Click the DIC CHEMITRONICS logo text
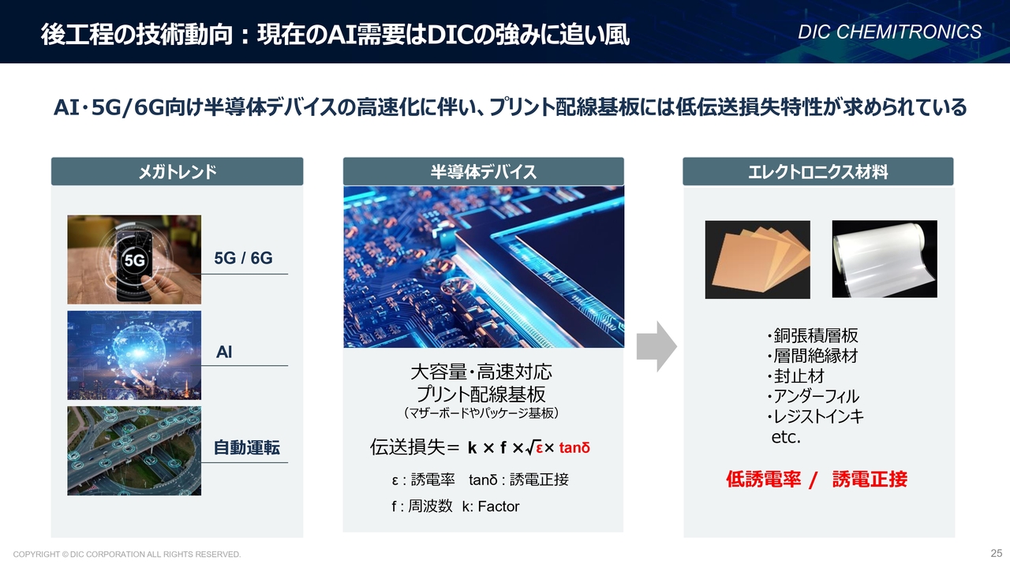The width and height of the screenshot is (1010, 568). [889, 32]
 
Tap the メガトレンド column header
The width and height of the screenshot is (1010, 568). [178, 171]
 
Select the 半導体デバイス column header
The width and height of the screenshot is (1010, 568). [484, 171]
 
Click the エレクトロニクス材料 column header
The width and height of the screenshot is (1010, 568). [818, 171]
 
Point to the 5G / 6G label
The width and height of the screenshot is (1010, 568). [243, 258]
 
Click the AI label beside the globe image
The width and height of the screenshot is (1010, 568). [224, 352]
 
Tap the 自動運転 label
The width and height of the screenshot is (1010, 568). [247, 447]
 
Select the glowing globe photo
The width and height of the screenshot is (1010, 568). [134, 355]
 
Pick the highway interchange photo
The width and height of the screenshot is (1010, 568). [134, 450]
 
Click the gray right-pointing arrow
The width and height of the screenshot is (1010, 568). [656, 346]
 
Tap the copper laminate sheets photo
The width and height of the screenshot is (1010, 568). [757, 260]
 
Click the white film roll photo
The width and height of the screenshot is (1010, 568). [885, 260]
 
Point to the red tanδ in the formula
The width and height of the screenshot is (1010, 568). [574, 447]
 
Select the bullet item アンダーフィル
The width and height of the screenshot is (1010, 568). [813, 396]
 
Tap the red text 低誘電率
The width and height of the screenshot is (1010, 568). [763, 479]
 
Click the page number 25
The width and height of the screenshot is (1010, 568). [997, 553]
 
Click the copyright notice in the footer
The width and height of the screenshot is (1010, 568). [127, 554]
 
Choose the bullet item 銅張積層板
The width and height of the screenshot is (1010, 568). [813, 335]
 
